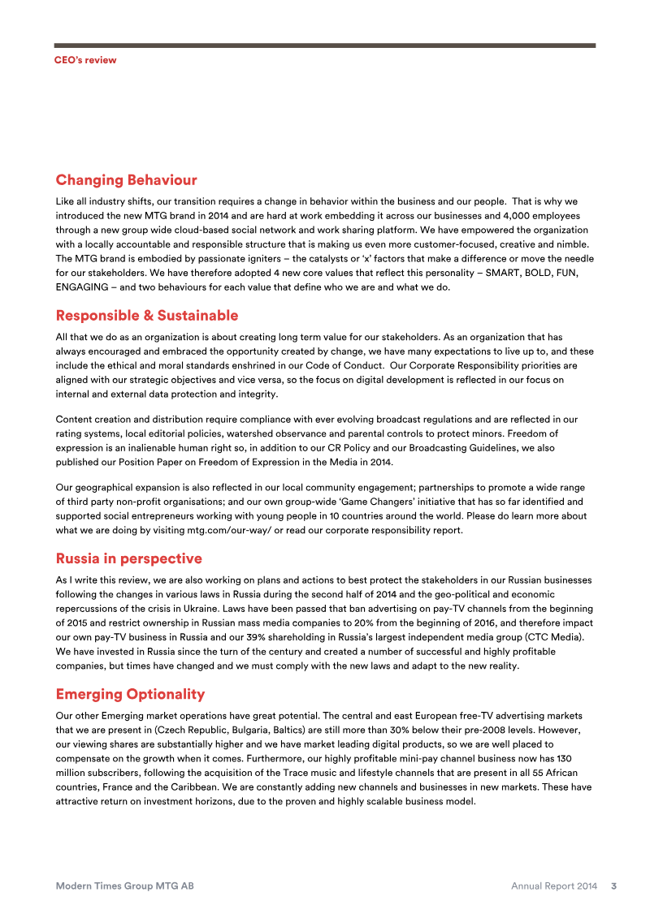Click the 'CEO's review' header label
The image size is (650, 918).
(85, 60)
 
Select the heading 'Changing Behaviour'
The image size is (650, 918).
(126, 179)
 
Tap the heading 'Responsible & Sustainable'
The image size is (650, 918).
(146, 315)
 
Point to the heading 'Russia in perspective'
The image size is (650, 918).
(128, 558)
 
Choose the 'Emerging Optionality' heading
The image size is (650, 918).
(130, 694)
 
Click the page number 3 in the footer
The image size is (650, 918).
(613, 886)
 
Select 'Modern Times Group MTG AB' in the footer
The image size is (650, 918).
(124, 886)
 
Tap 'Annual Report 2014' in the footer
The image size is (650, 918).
(554, 886)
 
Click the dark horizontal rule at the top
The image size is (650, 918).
(325, 45)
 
